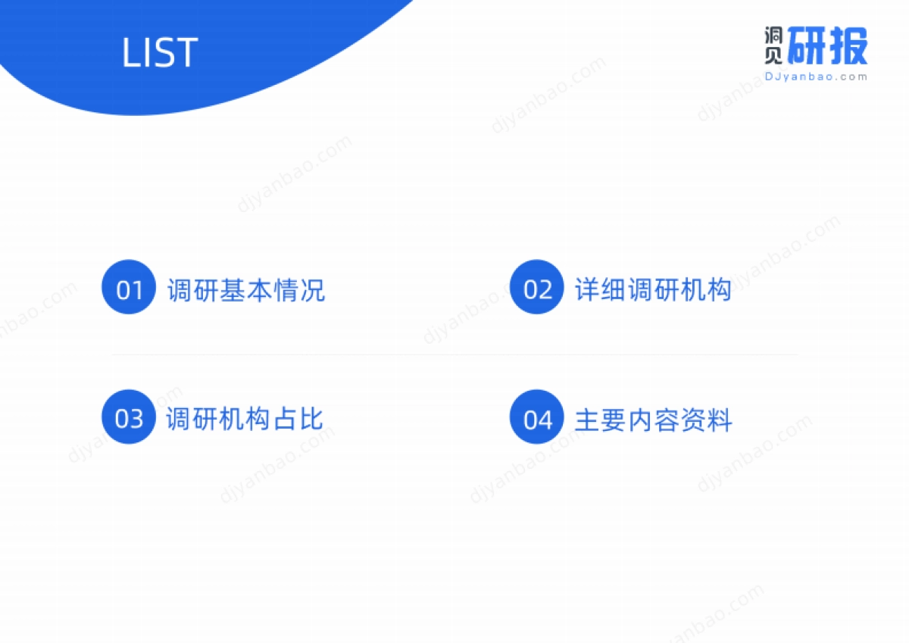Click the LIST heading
160,52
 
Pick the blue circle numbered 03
129,417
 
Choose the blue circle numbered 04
537,417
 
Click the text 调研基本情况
246,290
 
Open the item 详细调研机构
653,290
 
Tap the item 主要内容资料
653,420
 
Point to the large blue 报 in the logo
848,46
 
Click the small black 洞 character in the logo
773,36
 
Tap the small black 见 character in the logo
773,55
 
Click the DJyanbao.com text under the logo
816,76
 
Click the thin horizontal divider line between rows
454,354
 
